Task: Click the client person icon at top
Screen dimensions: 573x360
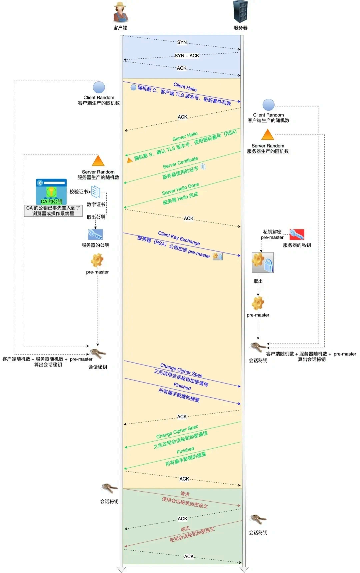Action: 121,12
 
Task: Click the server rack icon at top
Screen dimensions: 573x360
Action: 240,12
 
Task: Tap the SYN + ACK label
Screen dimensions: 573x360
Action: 187,56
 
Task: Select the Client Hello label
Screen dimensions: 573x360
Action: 185,87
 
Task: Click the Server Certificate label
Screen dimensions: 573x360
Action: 180,162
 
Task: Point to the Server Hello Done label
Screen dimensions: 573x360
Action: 180,189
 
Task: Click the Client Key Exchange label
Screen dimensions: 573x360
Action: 179,238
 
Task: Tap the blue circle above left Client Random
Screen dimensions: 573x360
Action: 99,87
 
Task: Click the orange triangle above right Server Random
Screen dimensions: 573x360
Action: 267,135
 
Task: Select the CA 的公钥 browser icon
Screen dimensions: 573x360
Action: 51,191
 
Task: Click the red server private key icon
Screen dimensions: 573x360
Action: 297,234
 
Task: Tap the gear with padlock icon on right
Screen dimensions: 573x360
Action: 263,262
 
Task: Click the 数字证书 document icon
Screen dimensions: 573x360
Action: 96,192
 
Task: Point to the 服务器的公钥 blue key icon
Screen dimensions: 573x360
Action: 95,234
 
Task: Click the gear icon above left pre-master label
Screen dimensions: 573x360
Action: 97,260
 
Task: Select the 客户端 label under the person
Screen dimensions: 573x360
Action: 120,28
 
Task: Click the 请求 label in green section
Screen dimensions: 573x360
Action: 185,494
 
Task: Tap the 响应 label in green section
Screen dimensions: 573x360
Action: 185,529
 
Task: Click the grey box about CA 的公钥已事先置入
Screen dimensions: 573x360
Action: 53,211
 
